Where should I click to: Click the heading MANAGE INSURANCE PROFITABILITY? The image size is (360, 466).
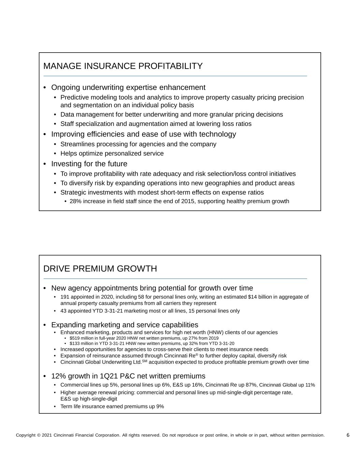[x=123, y=66]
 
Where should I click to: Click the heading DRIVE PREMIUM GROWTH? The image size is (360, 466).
[x=100, y=269]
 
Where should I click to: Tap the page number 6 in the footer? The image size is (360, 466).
[x=348, y=435]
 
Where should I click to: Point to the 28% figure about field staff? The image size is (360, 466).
[x=75, y=201]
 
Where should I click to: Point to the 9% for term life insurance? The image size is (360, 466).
[x=160, y=406]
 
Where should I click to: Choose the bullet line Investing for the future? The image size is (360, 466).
[x=89, y=164]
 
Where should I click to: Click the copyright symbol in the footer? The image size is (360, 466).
[x=39, y=435]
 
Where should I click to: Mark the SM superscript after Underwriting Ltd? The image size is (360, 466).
[x=145, y=361]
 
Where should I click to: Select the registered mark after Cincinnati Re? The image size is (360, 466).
[x=197, y=354]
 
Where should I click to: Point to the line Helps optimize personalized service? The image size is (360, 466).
[x=112, y=153]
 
